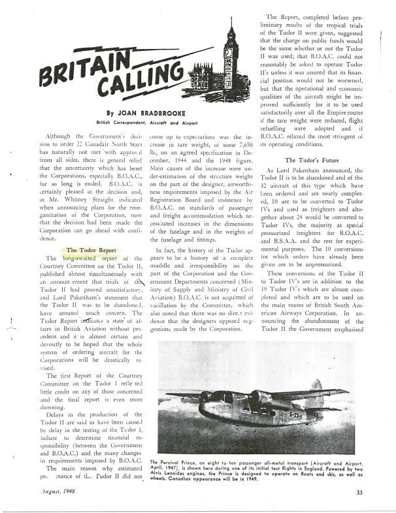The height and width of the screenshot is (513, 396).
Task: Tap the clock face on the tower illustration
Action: [x=230, y=48]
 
